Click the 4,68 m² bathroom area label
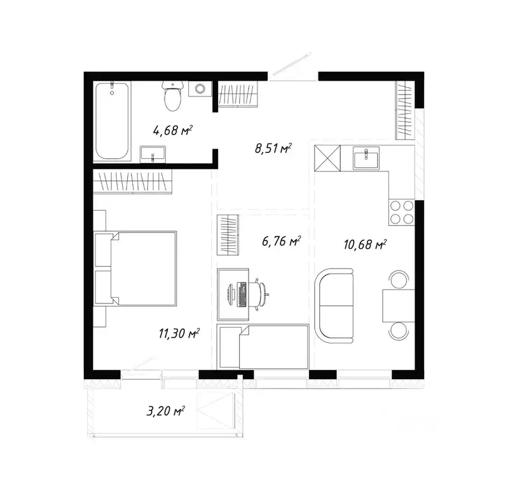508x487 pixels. tap(172, 131)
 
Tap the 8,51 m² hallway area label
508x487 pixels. tap(273, 150)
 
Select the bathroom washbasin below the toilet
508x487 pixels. tap(153, 154)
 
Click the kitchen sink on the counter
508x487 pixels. tap(366, 158)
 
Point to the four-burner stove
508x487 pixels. tap(401, 212)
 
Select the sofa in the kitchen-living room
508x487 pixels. tap(335, 302)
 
